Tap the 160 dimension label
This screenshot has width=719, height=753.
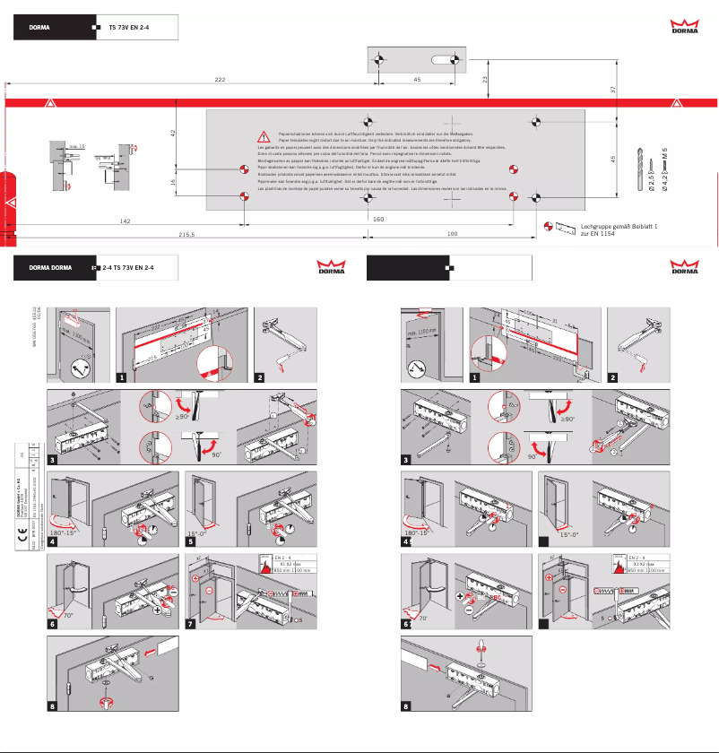pos(378,219)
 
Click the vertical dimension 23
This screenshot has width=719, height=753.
pos(485,80)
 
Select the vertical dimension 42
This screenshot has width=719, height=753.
pos(173,134)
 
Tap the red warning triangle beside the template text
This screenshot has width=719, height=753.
pos(264,137)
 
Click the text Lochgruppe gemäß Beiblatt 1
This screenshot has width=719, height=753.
pos(619,227)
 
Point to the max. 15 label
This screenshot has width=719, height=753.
pos(76,144)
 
